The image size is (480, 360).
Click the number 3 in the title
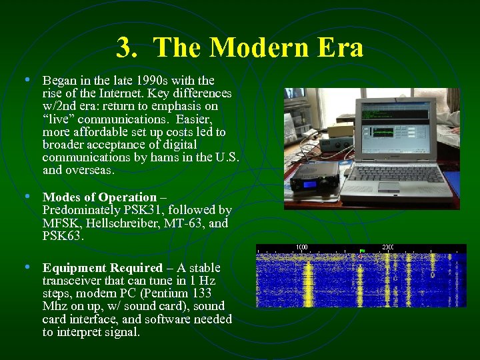[124, 47]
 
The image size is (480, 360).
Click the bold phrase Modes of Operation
[99, 197]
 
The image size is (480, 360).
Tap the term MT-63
[190, 223]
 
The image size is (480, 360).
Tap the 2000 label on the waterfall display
[388, 247]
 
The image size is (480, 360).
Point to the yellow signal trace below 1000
[308, 280]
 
